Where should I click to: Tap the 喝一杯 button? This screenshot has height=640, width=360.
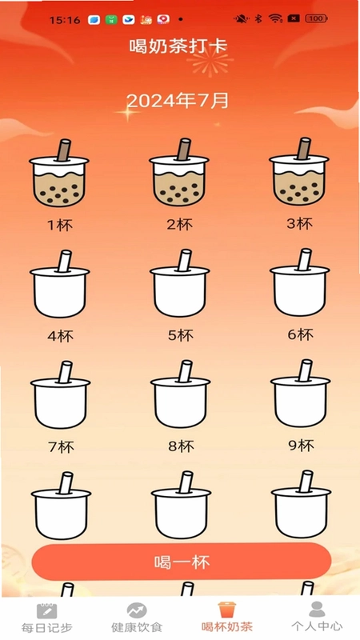(x=182, y=562)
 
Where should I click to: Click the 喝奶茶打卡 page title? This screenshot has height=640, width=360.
(x=178, y=46)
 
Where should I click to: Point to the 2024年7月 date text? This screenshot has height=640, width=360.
(x=177, y=101)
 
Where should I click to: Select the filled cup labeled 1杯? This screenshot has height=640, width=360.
(x=59, y=173)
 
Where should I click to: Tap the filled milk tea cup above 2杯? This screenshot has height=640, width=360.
(x=179, y=172)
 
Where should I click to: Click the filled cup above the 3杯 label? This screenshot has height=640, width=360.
(x=299, y=171)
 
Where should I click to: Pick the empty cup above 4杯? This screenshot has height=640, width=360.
(x=59, y=284)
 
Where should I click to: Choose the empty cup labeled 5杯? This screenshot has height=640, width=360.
(x=179, y=283)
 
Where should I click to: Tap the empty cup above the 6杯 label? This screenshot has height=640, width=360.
(x=299, y=282)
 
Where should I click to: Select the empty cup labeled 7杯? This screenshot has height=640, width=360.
(x=61, y=394)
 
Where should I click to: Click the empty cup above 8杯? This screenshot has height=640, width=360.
(x=181, y=394)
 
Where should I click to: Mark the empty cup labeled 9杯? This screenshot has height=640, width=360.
(x=301, y=393)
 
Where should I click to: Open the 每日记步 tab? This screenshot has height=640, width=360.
(x=46, y=618)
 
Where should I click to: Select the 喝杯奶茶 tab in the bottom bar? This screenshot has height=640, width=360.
(x=227, y=617)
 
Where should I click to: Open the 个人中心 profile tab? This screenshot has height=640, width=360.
(x=317, y=617)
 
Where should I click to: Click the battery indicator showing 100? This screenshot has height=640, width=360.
(x=316, y=18)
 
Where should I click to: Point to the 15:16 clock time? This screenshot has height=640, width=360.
(x=65, y=20)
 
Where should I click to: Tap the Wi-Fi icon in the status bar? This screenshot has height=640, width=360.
(x=275, y=18)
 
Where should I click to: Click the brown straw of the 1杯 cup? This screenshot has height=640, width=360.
(x=64, y=150)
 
